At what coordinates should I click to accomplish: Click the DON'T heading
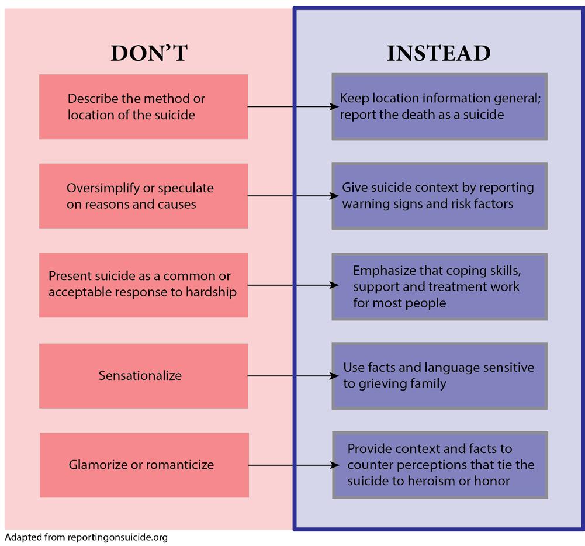(x=148, y=53)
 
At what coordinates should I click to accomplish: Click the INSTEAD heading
(x=438, y=53)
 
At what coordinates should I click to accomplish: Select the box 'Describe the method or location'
(x=143, y=106)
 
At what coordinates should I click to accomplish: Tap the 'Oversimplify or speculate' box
(x=143, y=196)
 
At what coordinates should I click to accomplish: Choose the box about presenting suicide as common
(x=143, y=285)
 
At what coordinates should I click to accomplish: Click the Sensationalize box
(x=143, y=375)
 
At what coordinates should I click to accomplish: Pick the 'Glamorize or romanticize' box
(x=144, y=465)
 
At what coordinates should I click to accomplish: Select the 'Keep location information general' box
(x=439, y=106)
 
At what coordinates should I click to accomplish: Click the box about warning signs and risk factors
(x=439, y=196)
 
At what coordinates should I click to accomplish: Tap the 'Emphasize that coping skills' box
(x=439, y=286)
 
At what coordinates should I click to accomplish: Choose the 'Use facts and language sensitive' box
(x=439, y=376)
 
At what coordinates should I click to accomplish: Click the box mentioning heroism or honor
(x=439, y=465)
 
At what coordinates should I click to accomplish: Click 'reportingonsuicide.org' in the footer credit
(x=117, y=537)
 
